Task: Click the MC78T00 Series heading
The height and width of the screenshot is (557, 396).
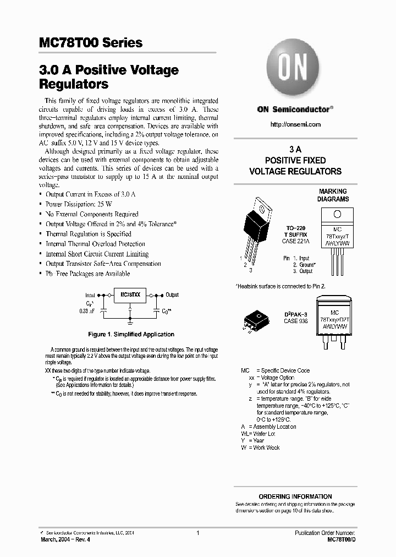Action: pyautogui.click(x=91, y=42)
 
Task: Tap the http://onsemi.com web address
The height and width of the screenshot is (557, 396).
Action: pyautogui.click(x=295, y=124)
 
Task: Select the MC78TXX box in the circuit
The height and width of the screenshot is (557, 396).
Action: pyautogui.click(x=130, y=296)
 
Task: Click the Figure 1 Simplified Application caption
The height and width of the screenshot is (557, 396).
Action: pyautogui.click(x=131, y=334)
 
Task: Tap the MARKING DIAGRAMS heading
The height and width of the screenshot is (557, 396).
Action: pyautogui.click(x=333, y=195)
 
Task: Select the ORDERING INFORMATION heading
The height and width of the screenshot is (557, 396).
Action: pyautogui.click(x=295, y=496)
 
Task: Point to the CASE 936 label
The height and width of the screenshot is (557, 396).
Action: pyautogui.click(x=295, y=321)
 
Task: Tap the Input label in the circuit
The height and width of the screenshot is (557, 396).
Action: pyautogui.click(x=90, y=295)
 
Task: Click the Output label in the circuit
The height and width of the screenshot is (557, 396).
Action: pyautogui.click(x=172, y=295)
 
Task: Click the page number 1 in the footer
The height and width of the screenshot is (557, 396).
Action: pyautogui.click(x=197, y=533)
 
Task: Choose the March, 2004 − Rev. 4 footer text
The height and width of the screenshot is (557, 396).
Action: pyautogui.click(x=65, y=539)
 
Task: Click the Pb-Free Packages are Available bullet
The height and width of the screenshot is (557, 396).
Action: pyautogui.click(x=87, y=274)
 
